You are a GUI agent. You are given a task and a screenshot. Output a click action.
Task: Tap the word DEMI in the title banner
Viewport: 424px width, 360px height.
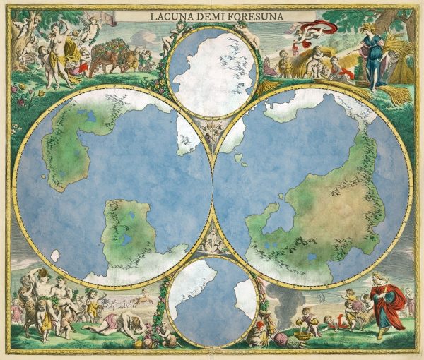pyautogui.click(x=206, y=14)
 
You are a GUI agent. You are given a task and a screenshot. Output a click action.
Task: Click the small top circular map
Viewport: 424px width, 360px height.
pyautogui.click(x=212, y=71)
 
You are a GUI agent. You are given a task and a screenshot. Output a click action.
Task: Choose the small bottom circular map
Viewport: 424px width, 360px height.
pyautogui.click(x=212, y=300)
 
